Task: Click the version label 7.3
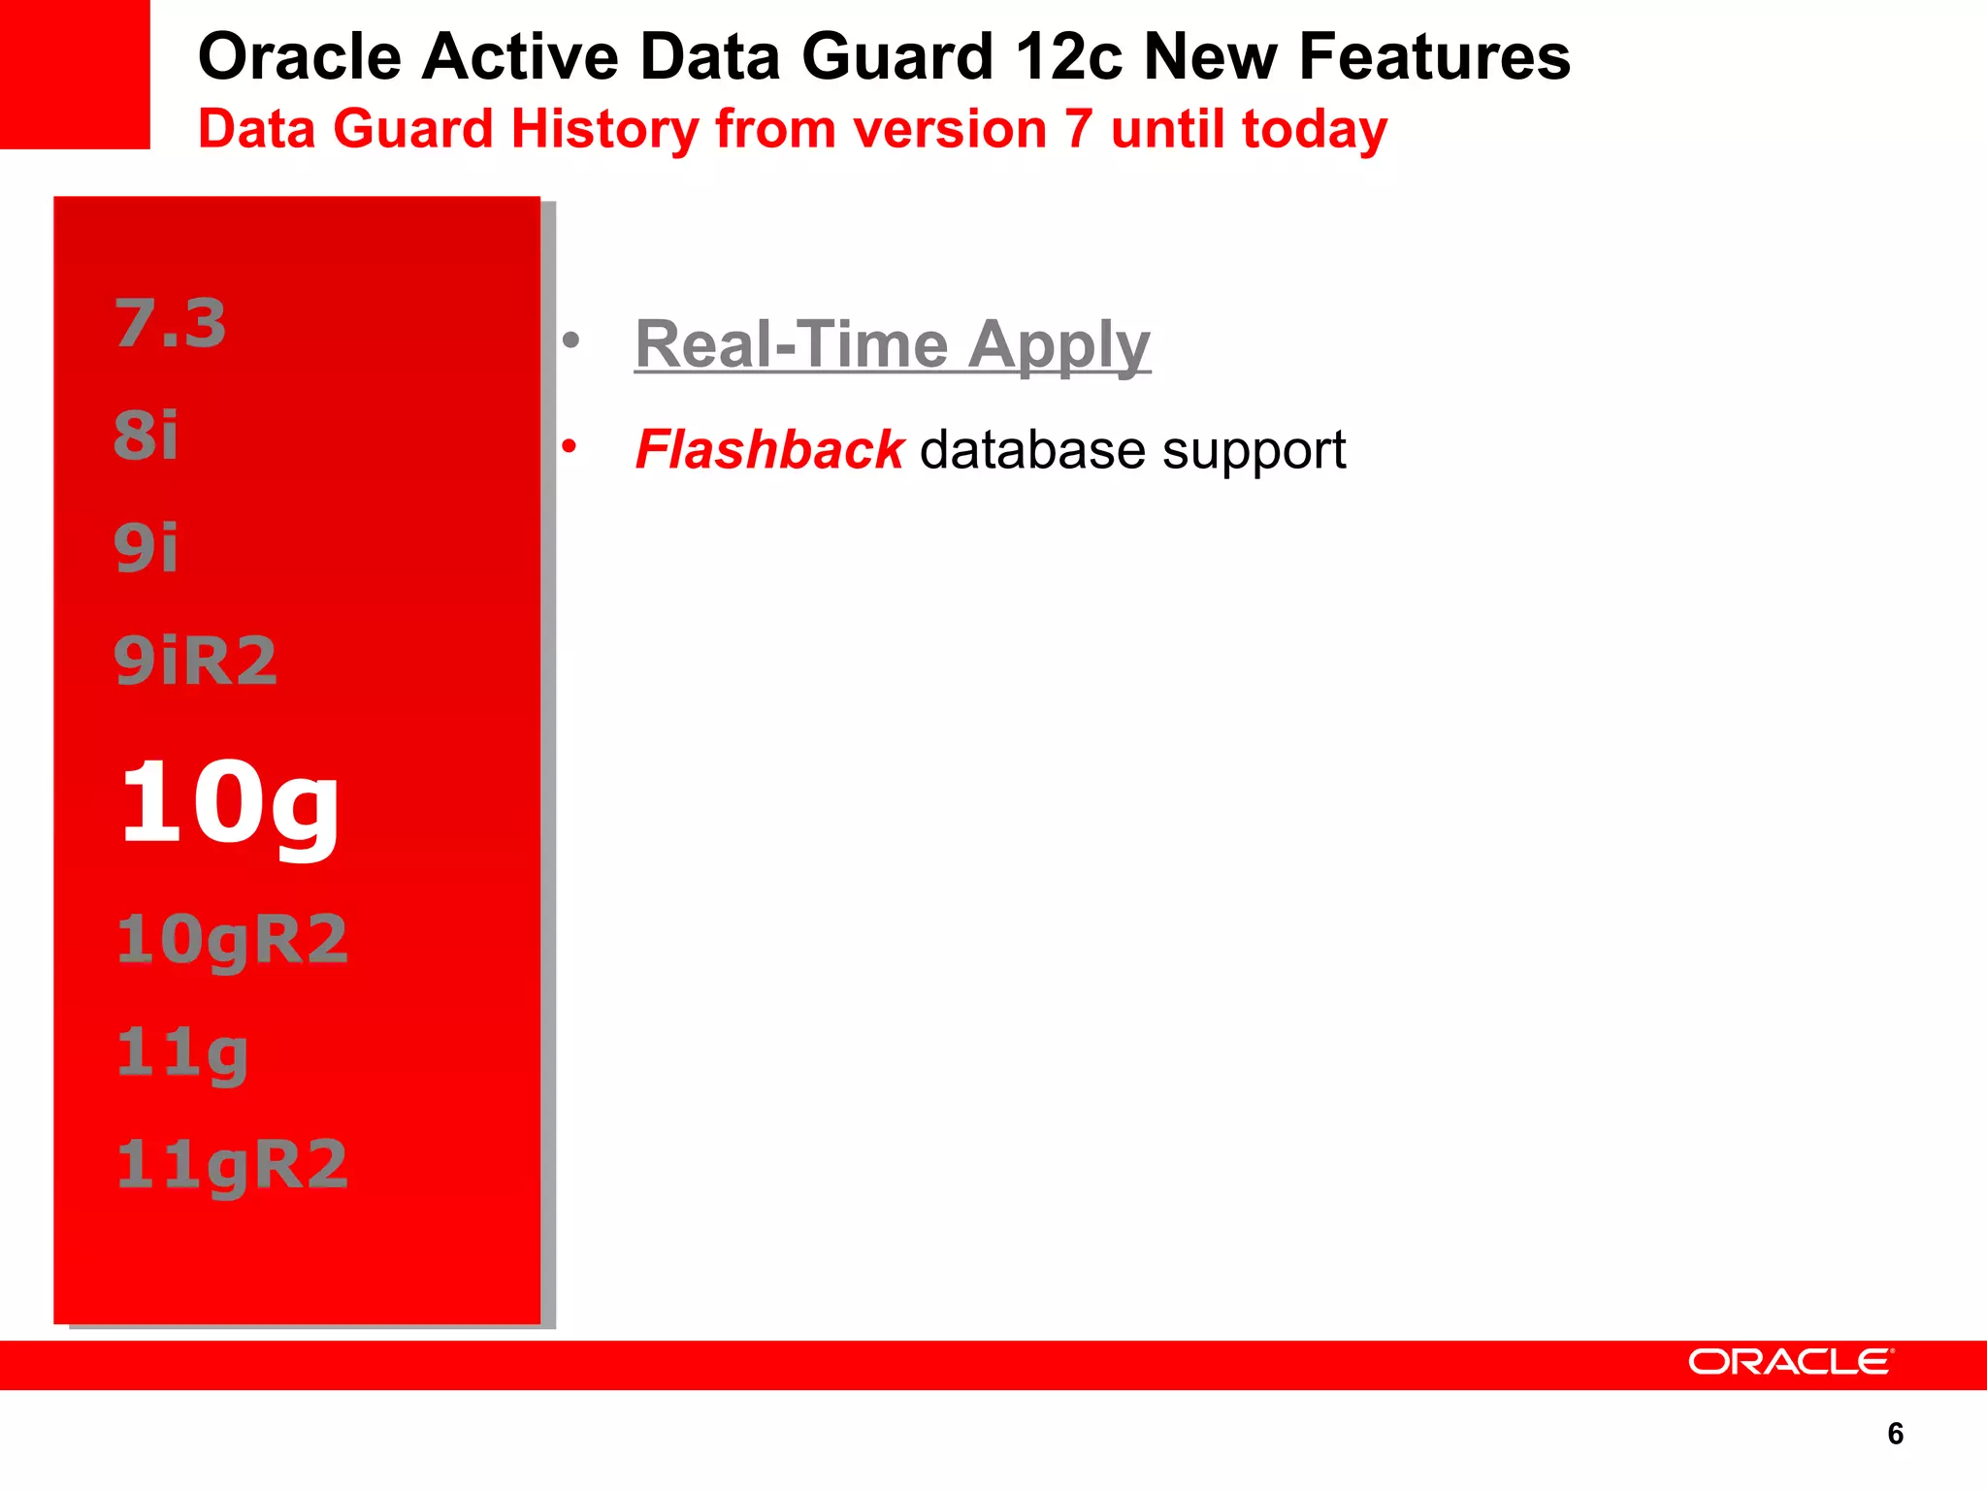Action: (x=171, y=323)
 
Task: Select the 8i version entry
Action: (x=147, y=436)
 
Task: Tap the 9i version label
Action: (x=147, y=548)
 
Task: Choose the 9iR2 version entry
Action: (x=196, y=661)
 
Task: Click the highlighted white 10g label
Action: (x=230, y=804)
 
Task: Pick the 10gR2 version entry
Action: (x=232, y=940)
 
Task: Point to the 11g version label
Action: (x=182, y=1053)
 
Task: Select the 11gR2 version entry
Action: (x=232, y=1165)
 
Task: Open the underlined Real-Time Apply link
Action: (x=892, y=345)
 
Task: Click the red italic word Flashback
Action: (x=768, y=450)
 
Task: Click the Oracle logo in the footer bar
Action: (x=1790, y=1362)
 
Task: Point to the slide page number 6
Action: (x=1896, y=1434)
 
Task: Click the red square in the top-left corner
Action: (x=75, y=74)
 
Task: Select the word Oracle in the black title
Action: (x=299, y=56)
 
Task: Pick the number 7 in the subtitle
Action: (x=1078, y=129)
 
